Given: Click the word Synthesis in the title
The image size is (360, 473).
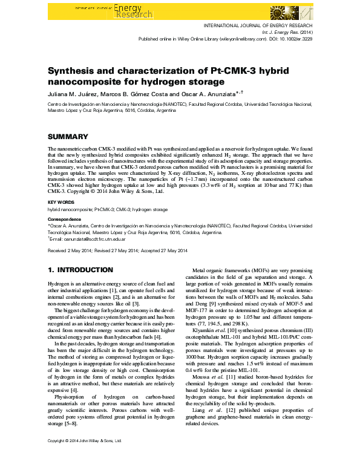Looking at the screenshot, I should tap(73, 71).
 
